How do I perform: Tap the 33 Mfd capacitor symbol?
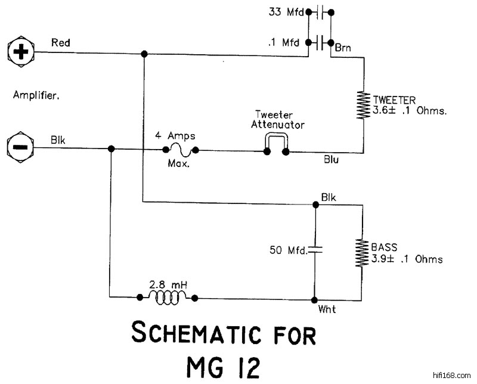pyautogui.click(x=320, y=11)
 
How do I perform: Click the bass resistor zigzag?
pyautogui.click(x=361, y=255)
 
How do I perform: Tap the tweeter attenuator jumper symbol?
pyautogui.click(x=276, y=144)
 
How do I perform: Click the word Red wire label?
pyautogui.click(x=61, y=42)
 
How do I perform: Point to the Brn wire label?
pyautogui.click(x=343, y=47)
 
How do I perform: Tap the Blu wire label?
pyautogui.click(x=332, y=160)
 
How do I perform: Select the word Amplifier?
pyautogui.click(x=36, y=94)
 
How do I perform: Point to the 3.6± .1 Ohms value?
pyautogui.click(x=409, y=110)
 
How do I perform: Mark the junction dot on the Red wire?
pyautogui.click(x=144, y=54)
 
